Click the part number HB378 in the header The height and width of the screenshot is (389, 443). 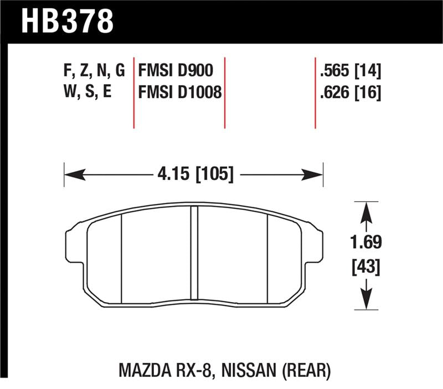click(67, 20)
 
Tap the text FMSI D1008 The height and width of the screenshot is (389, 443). click(178, 93)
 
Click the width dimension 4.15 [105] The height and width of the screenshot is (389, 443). click(193, 175)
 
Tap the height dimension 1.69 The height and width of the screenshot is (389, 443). click(365, 243)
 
